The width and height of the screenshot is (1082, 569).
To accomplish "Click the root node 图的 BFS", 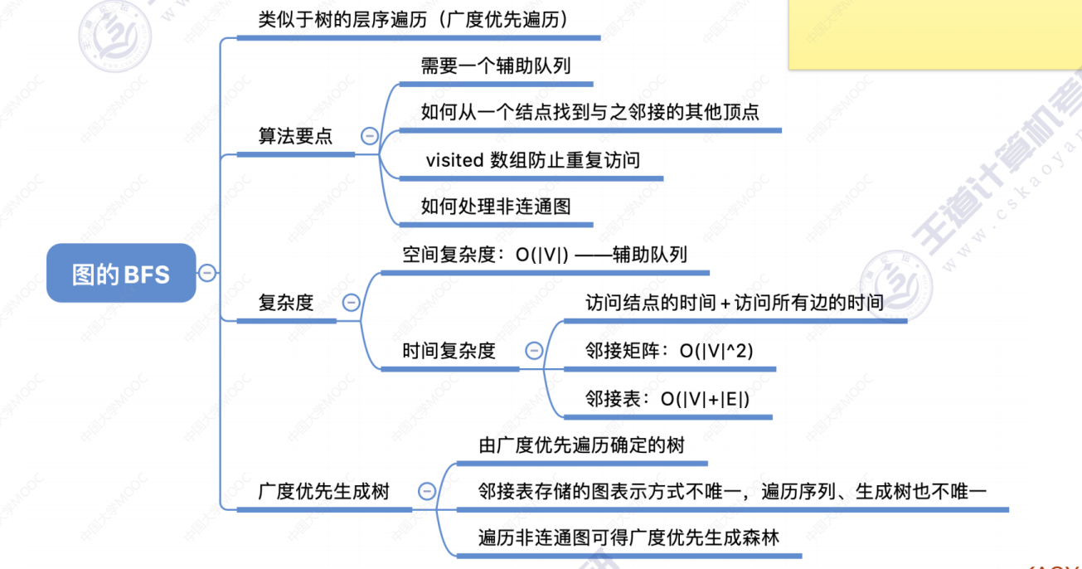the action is pyautogui.click(x=121, y=273).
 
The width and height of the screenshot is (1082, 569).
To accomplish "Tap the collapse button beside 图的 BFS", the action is pyautogui.click(x=207, y=273).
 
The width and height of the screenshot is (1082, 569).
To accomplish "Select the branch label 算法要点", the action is pyautogui.click(x=295, y=136).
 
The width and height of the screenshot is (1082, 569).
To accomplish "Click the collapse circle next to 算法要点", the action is pyautogui.click(x=370, y=136).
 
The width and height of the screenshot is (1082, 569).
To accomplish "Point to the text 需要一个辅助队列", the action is pyautogui.click(x=496, y=66).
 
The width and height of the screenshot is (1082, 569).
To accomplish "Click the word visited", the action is pyautogui.click(x=454, y=160).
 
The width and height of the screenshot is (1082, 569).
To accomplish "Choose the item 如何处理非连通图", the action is pyautogui.click(x=496, y=207).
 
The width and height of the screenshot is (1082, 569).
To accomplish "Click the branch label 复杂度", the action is pyautogui.click(x=286, y=303).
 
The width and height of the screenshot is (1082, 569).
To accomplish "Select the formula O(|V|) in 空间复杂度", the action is pyautogui.click(x=542, y=255).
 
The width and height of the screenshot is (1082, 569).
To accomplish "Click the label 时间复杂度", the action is pyautogui.click(x=449, y=351).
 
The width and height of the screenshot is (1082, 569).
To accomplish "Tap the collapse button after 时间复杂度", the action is pyautogui.click(x=534, y=350).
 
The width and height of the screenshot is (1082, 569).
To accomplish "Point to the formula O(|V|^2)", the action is pyautogui.click(x=716, y=351).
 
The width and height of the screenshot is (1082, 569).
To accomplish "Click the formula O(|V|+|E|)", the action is pyautogui.click(x=706, y=399).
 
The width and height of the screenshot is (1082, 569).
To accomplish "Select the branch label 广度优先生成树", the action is pyautogui.click(x=323, y=492).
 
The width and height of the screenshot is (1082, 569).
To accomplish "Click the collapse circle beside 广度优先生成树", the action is pyautogui.click(x=426, y=491).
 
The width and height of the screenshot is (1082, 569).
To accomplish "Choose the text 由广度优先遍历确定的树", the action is pyautogui.click(x=581, y=445).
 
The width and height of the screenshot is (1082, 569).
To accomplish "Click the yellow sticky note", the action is pyautogui.click(x=935, y=34).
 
